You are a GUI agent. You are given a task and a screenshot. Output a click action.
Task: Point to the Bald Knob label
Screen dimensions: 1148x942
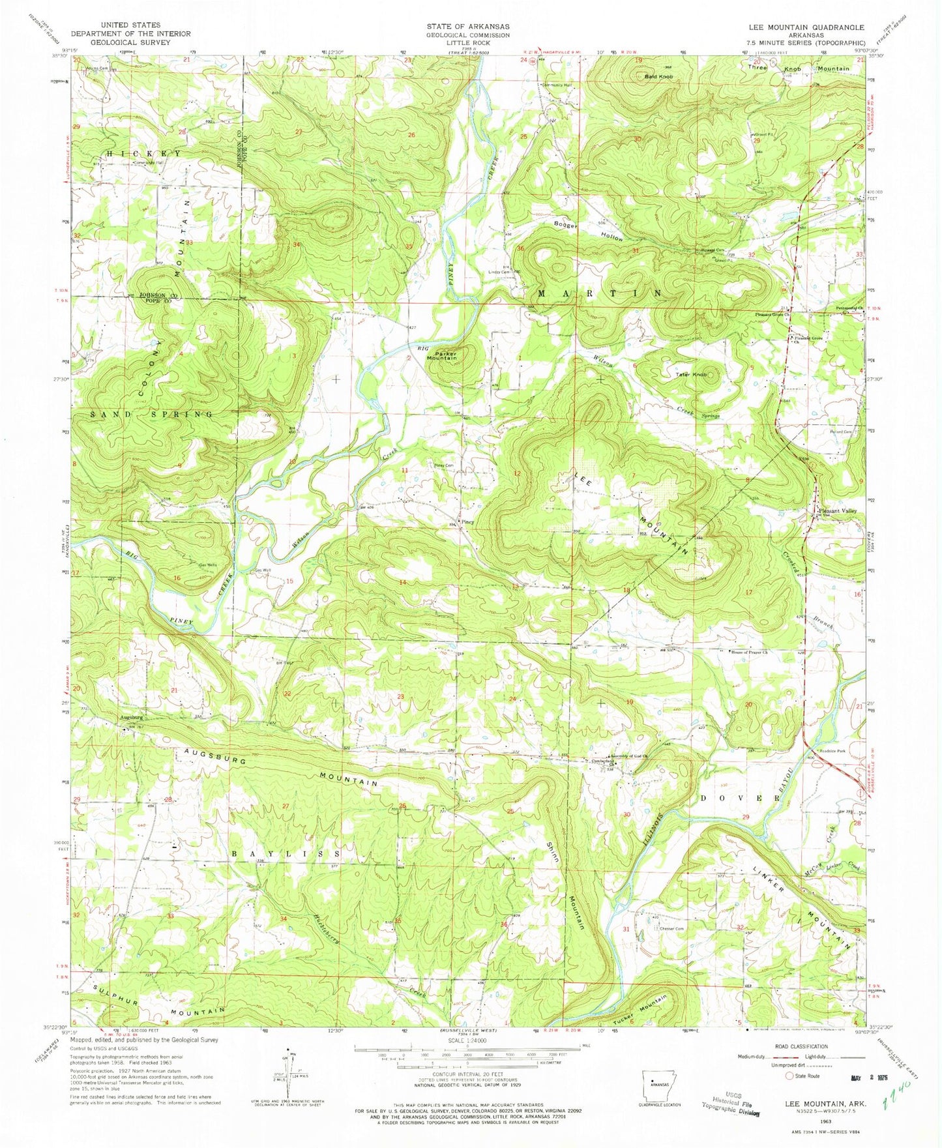(x=658, y=77)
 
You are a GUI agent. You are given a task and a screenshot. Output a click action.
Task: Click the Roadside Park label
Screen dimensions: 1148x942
(x=832, y=751)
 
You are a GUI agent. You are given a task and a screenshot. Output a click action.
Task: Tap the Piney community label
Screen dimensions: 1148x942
(x=468, y=522)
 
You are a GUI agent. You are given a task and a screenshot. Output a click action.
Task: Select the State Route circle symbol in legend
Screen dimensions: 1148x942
(x=791, y=1076)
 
